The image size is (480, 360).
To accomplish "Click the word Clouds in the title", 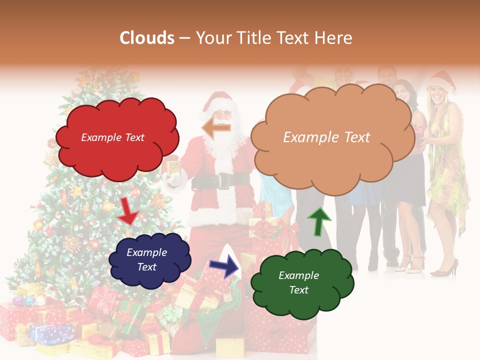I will coord(147,38).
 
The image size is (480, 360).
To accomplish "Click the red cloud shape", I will coord(116,150).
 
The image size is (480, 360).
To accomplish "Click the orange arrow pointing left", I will coord(216,127).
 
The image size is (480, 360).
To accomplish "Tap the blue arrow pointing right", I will coord(224,265).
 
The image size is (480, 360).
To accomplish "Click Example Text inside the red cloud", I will coord(112,137).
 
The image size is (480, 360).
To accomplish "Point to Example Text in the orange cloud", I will coord(326,137).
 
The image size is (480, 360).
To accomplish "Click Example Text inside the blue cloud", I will coord(147,259).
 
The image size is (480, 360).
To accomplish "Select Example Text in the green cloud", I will coord(298,282).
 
